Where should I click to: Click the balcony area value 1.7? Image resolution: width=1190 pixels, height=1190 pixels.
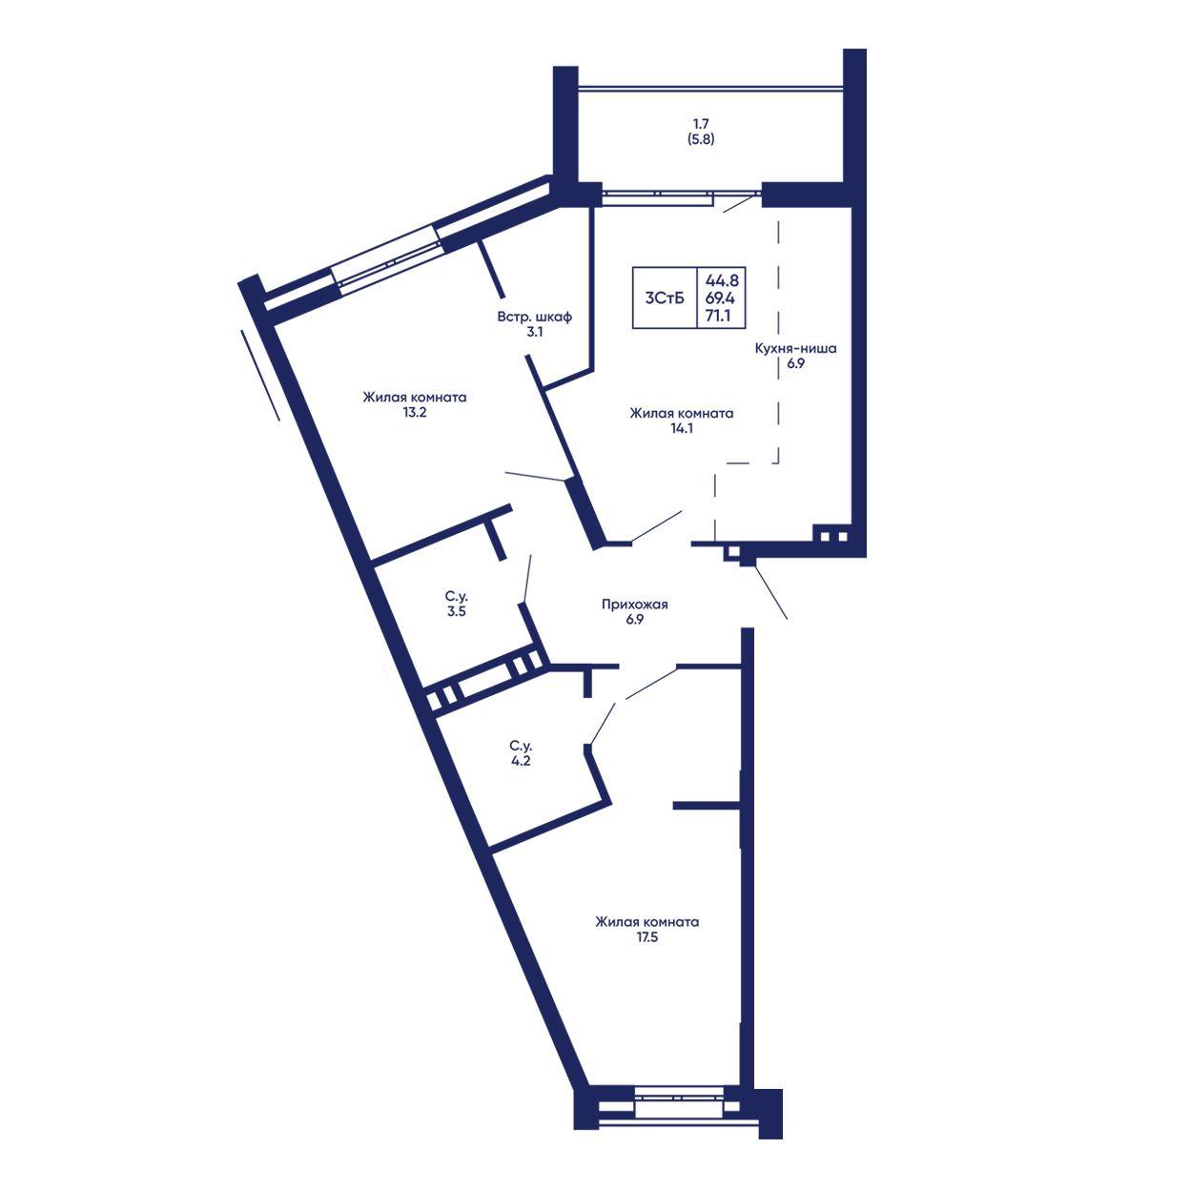pyautogui.click(x=701, y=124)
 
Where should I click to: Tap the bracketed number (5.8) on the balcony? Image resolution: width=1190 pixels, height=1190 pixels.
pyautogui.click(x=701, y=139)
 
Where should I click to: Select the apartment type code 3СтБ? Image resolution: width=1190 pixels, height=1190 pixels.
pyautogui.click(x=665, y=298)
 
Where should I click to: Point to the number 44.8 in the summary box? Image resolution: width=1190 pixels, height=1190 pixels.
pyautogui.click(x=722, y=280)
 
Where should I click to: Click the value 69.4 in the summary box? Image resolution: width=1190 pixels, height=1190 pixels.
pyautogui.click(x=722, y=298)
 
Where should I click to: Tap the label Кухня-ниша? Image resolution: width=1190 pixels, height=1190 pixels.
pyautogui.click(x=796, y=348)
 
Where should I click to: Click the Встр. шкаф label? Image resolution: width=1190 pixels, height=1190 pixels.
pyautogui.click(x=535, y=317)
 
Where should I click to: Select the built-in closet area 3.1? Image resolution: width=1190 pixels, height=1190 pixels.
pyautogui.click(x=535, y=332)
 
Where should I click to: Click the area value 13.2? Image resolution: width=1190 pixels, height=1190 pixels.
pyautogui.click(x=415, y=413)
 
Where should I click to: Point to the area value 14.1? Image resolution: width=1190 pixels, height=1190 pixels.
pyautogui.click(x=682, y=428)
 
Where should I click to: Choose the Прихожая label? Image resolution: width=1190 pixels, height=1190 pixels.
pyautogui.click(x=635, y=605)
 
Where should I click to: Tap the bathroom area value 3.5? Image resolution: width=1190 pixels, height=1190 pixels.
pyautogui.click(x=457, y=612)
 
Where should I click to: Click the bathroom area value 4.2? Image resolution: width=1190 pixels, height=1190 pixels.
pyautogui.click(x=522, y=762)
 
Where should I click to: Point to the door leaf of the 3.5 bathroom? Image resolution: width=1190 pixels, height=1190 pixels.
pyautogui.click(x=527, y=578)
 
